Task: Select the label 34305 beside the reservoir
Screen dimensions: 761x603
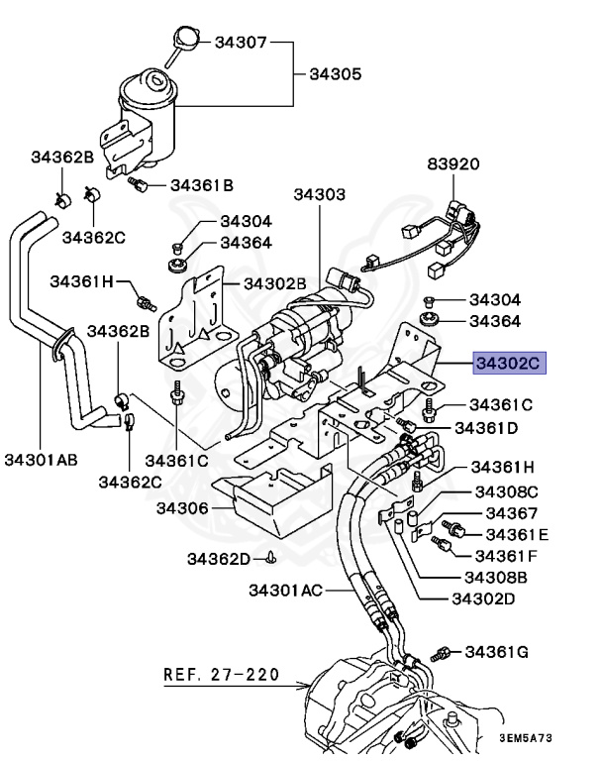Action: pyautogui.click(x=336, y=74)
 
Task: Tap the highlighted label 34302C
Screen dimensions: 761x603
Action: pyautogui.click(x=509, y=364)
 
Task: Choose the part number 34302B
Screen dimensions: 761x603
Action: pyautogui.click(x=275, y=283)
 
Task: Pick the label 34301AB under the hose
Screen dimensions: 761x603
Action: pyautogui.click(x=41, y=459)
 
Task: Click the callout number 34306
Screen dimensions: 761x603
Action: pyautogui.click(x=182, y=508)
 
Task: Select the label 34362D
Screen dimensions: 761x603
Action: pyautogui.click(x=220, y=558)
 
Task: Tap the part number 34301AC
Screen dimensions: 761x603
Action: pyautogui.click(x=286, y=592)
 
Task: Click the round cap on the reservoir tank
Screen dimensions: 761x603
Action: pyautogui.click(x=186, y=41)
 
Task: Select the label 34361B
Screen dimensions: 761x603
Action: pyautogui.click(x=201, y=184)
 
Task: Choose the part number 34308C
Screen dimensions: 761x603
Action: pyautogui.click(x=505, y=491)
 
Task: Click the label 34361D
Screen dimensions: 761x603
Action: pyautogui.click(x=492, y=427)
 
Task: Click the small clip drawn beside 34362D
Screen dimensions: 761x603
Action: pyautogui.click(x=270, y=558)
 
